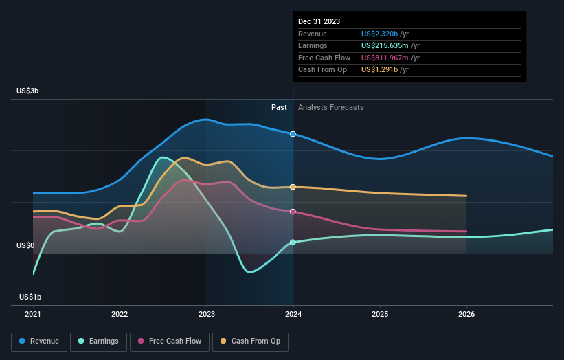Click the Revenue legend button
click(x=39, y=341)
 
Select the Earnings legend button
click(x=98, y=341)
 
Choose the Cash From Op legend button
click(x=250, y=341)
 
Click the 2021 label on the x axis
click(x=33, y=315)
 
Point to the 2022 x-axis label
click(x=120, y=315)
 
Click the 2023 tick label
click(x=206, y=315)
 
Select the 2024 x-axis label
click(x=293, y=315)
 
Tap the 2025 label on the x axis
click(x=380, y=315)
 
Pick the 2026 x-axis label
click(x=466, y=315)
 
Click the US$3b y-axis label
click(x=28, y=91)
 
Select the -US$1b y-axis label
click(x=29, y=297)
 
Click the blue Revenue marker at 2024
click(x=293, y=134)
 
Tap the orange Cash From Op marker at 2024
click(x=293, y=187)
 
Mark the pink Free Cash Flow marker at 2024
click(x=293, y=212)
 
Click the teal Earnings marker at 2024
click(x=293, y=243)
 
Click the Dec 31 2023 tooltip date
click(x=319, y=22)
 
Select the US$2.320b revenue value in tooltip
click(x=385, y=34)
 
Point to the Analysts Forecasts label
click(x=330, y=107)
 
